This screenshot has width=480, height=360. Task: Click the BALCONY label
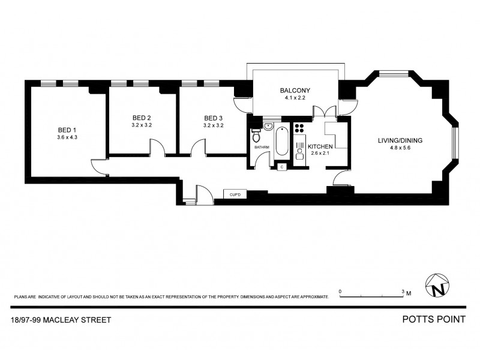pyautogui.click(x=295, y=91)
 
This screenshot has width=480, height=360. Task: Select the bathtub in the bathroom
pyautogui.click(x=281, y=142)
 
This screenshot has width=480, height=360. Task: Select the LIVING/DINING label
pyautogui.click(x=400, y=140)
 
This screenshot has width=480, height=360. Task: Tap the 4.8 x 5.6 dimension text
pyautogui.click(x=400, y=149)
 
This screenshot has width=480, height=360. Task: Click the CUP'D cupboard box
pyautogui.click(x=232, y=194)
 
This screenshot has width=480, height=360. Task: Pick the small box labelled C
pyautogui.click(x=281, y=167)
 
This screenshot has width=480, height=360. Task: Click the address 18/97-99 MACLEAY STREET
pyautogui.click(x=61, y=320)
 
